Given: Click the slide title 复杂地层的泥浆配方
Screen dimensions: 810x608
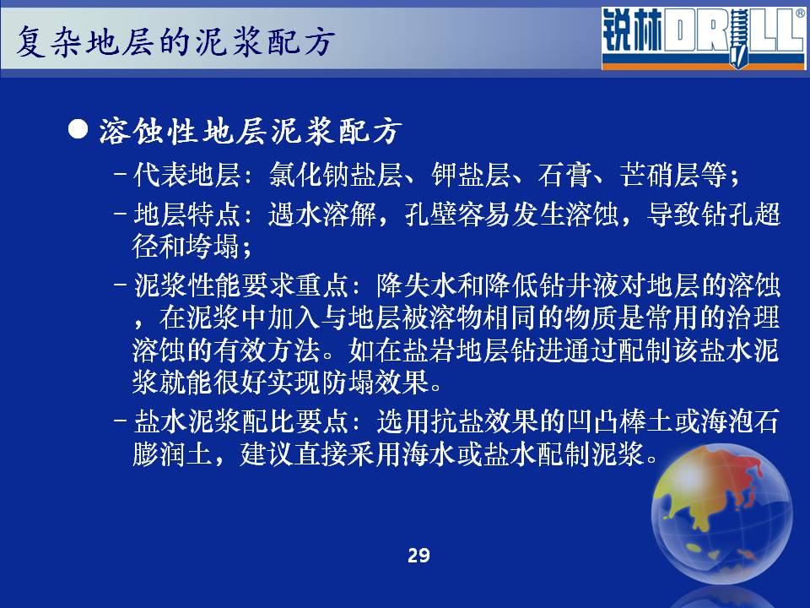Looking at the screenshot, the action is [175, 41].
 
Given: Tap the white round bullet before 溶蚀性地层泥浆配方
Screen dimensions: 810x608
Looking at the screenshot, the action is [78, 128].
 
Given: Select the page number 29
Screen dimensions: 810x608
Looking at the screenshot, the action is [418, 556].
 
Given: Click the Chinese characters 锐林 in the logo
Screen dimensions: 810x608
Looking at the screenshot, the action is [632, 31].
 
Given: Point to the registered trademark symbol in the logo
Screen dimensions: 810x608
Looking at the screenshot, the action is [800, 14].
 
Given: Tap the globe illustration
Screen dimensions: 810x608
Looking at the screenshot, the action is [721, 513].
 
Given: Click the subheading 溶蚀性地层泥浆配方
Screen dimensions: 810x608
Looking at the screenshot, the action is [250, 131].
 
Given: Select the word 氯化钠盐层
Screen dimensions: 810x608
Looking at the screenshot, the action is [335, 175].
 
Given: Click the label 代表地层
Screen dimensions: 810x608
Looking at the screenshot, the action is [186, 175].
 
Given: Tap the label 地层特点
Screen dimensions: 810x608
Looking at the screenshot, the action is [186, 214].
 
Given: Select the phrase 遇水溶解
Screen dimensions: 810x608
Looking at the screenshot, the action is [321, 214].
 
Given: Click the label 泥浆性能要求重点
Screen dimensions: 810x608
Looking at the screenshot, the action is [240, 285].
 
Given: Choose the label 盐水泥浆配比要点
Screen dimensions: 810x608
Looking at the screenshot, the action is [240, 422].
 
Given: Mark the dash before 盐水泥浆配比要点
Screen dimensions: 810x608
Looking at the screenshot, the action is [120, 420].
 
